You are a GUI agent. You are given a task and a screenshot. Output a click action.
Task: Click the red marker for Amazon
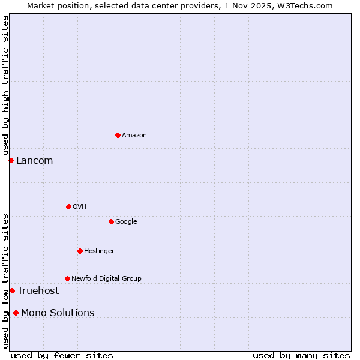click(x=118, y=135)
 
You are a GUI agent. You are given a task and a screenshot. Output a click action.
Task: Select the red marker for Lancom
click(x=11, y=160)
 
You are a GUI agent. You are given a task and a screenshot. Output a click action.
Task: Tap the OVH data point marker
click(x=68, y=206)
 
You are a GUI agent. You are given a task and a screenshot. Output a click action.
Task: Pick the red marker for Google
click(x=111, y=221)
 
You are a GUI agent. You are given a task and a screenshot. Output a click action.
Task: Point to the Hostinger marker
click(x=80, y=251)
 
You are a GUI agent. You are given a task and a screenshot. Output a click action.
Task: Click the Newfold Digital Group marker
click(x=67, y=278)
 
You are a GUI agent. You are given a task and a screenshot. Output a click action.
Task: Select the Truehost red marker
click(x=12, y=290)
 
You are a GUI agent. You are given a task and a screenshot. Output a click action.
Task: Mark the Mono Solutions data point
click(x=16, y=313)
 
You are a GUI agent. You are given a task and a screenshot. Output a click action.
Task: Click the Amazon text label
click(x=134, y=136)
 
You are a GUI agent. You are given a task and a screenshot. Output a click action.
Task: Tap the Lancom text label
click(x=34, y=161)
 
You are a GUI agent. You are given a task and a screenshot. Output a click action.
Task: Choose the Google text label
click(x=126, y=222)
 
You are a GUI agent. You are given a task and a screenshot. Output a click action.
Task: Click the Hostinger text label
click(x=99, y=251)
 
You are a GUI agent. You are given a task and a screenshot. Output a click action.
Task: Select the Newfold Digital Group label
click(x=106, y=279)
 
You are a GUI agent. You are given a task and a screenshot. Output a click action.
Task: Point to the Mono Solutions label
click(x=58, y=313)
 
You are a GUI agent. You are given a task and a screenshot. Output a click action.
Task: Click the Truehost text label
click(x=38, y=291)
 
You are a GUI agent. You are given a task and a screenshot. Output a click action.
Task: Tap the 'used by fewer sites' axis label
click(x=62, y=355)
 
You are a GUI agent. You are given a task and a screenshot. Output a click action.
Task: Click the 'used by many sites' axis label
click(x=301, y=355)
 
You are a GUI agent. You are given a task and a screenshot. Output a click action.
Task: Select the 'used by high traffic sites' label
click(x=6, y=86)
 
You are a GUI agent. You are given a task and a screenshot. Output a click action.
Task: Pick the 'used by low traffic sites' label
click(x=6, y=280)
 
